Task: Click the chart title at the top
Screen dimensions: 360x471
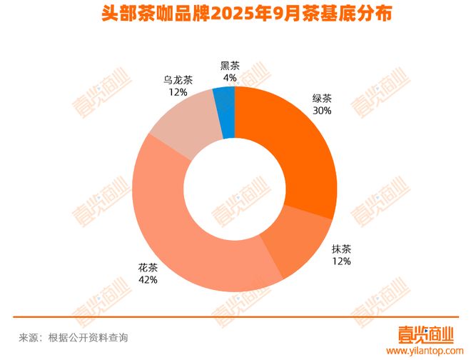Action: coord(235,15)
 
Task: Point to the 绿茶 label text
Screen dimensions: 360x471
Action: coord(321,99)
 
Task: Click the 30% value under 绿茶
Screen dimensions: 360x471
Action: coord(321,111)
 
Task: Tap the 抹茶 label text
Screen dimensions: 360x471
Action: coord(341,250)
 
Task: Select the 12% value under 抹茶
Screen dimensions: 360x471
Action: coord(341,262)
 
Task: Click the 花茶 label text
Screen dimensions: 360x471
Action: coord(148,268)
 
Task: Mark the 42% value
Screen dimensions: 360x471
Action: coord(148,280)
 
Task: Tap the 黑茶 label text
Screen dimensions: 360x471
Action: coord(230,66)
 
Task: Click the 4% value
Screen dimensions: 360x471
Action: coord(230,78)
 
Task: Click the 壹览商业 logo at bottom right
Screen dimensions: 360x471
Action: coord(426,334)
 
